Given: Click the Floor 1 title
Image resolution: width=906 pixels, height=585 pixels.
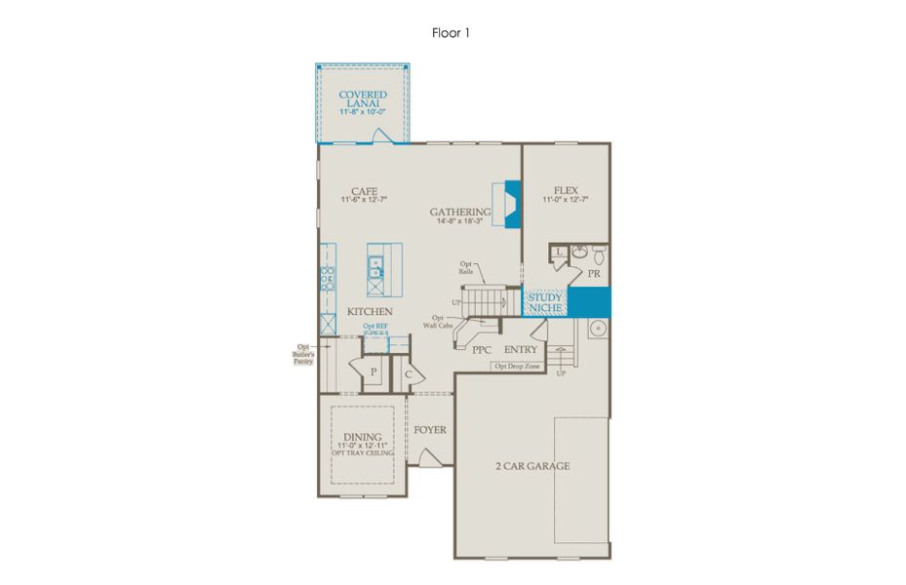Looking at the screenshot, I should click(x=452, y=32).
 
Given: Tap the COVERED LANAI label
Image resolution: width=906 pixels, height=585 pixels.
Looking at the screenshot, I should click(x=363, y=100).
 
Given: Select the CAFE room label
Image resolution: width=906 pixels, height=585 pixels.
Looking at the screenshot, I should click(x=365, y=191).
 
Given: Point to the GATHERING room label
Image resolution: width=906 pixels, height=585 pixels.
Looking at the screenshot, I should click(x=460, y=212).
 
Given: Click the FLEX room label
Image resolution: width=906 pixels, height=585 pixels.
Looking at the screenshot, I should click(x=566, y=191).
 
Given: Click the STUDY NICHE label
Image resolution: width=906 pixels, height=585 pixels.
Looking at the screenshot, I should click(x=545, y=302).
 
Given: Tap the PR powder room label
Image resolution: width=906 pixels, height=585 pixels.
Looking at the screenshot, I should click(x=592, y=275).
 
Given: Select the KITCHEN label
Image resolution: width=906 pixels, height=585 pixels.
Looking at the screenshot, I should click(x=371, y=312).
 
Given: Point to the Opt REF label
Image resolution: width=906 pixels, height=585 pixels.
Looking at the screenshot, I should click(x=375, y=326).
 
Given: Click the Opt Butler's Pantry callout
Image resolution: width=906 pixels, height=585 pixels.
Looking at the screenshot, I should click(x=304, y=354).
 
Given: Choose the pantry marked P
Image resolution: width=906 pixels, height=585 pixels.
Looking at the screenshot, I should click(x=373, y=371).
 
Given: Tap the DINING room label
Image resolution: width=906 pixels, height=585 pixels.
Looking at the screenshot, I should click(x=362, y=437).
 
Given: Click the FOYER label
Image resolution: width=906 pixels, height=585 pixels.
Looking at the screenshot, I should click(x=430, y=429).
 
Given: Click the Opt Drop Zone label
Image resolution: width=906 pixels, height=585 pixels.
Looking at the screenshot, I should click(x=516, y=367).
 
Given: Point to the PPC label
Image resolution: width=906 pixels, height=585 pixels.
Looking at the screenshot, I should click(x=481, y=349).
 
